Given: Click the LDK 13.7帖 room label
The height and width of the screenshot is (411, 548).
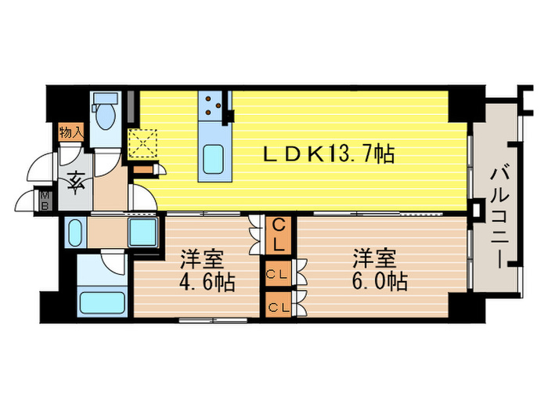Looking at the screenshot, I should (x=327, y=155).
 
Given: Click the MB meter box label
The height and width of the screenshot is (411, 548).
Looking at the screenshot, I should (x=46, y=200).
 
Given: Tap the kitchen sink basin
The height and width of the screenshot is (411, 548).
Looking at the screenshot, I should (x=213, y=159).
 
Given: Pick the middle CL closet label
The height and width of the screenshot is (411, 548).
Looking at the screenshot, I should (x=276, y=274).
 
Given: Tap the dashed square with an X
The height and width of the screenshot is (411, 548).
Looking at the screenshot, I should (x=143, y=143).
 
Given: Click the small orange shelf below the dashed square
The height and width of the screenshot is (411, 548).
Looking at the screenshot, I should (x=142, y=168).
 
